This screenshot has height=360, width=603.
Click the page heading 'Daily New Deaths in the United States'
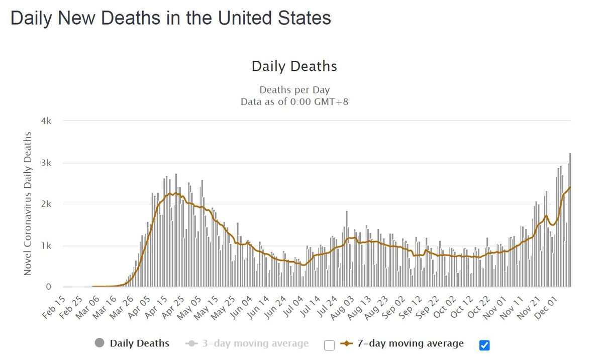point(170,19)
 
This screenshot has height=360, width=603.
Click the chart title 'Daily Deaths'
point(294,66)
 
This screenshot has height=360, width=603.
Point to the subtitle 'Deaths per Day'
point(294,90)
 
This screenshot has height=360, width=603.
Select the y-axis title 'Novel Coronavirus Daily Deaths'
point(28,203)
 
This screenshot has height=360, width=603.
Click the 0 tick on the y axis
point(49,287)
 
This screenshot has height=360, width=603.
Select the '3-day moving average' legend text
point(255,343)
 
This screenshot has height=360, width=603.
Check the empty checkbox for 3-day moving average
point(329,345)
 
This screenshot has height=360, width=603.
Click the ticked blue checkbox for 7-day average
point(484,345)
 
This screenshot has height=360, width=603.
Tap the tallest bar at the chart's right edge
point(570,221)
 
